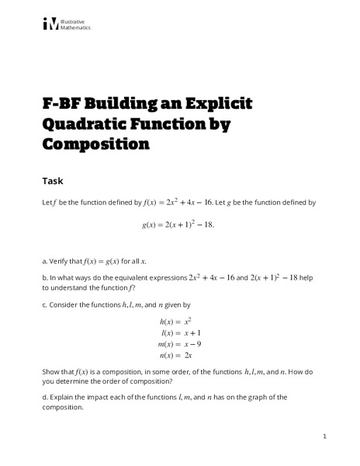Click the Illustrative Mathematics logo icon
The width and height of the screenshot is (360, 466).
pyautogui.click(x=50, y=24)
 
